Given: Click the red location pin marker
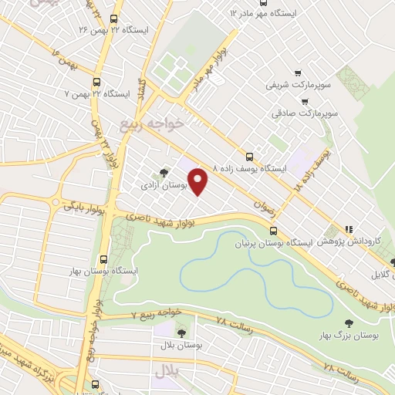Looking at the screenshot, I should click(x=199, y=181).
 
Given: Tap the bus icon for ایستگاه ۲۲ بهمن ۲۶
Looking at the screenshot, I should click(x=114, y=19).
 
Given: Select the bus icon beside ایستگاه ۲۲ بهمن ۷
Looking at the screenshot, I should click(x=96, y=82).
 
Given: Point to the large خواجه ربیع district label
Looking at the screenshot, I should click(x=154, y=123).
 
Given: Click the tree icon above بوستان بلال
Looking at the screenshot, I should click(x=181, y=333).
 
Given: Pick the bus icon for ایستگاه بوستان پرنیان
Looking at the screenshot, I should click(x=273, y=231).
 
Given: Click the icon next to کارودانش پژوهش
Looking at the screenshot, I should click(x=349, y=229).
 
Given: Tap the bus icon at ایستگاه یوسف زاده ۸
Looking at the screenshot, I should click(x=248, y=155).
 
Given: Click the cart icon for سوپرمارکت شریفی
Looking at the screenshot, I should click(x=306, y=100).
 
